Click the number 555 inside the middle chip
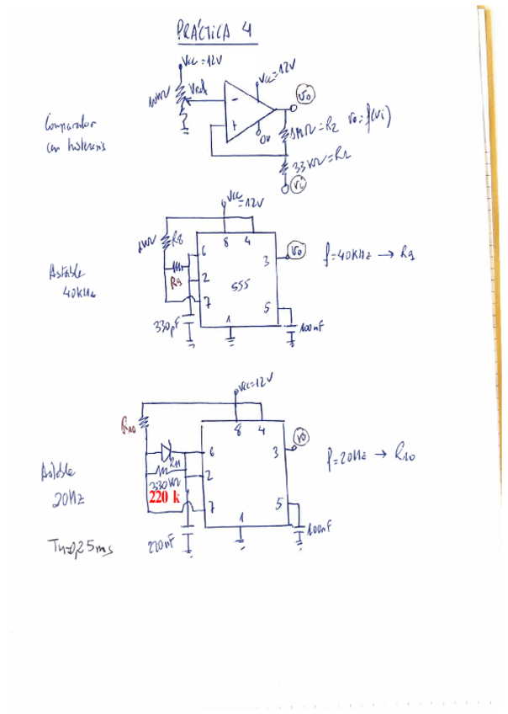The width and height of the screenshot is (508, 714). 239,289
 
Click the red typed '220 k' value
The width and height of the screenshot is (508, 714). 164,498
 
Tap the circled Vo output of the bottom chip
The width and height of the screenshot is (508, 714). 302,436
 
